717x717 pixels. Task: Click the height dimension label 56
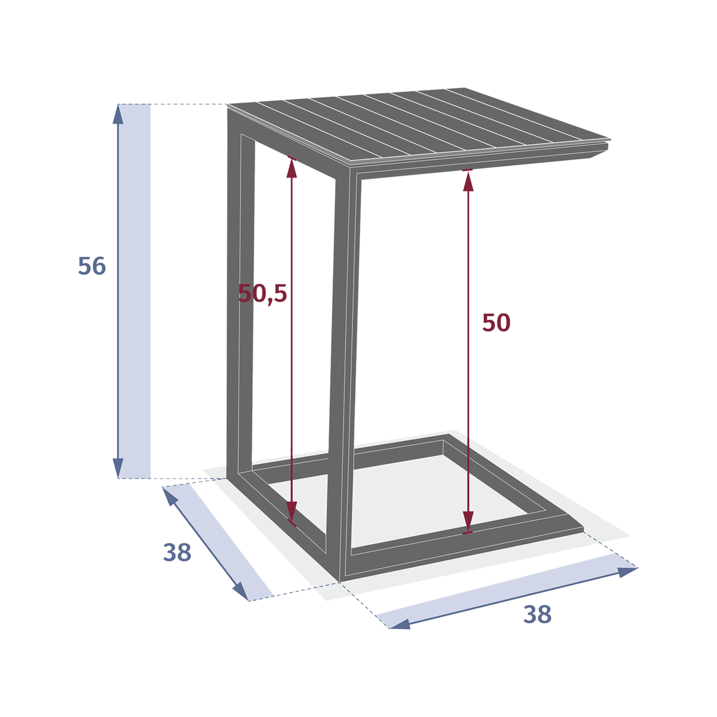tap(92, 266)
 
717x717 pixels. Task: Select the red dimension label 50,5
tap(263, 294)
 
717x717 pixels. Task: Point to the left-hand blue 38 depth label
tap(177, 553)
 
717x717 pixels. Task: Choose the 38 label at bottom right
tap(537, 614)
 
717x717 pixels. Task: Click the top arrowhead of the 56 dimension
tap(118, 114)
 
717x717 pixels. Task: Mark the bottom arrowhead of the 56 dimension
tap(118, 468)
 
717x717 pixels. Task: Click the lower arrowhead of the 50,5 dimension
tap(292, 511)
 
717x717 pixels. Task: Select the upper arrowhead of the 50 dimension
tap(468, 181)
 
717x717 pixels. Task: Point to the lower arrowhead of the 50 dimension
tap(468, 522)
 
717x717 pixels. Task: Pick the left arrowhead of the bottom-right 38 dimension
tap(400, 624)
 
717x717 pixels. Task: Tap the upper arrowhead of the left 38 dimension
tap(170, 496)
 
